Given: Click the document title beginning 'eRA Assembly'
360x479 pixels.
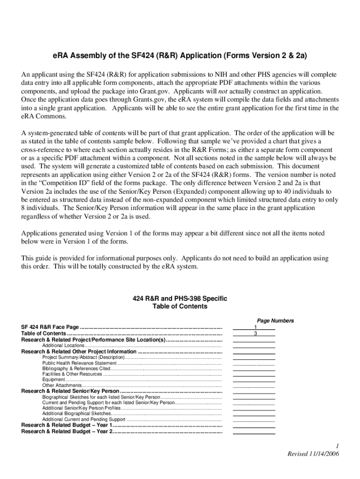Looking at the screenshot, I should tap(180, 56).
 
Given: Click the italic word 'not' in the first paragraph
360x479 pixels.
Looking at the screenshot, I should tap(224, 92).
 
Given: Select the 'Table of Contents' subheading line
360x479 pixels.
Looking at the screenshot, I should tap(180, 306).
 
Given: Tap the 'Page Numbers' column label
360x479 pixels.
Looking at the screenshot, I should tap(275, 320).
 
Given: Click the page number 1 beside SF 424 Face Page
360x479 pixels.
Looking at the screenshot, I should tap(255, 327).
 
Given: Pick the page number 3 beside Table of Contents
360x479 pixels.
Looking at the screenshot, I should tap(255, 334).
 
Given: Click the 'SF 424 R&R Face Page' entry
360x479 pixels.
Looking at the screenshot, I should tap(50, 327).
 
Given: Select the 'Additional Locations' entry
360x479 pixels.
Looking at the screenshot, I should tap(63, 345).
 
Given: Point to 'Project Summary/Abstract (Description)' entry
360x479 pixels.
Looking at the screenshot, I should tap(83, 357).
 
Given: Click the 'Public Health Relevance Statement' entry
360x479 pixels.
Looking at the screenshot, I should tap(79, 363).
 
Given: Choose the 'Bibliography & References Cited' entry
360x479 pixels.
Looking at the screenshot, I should tap(76, 369).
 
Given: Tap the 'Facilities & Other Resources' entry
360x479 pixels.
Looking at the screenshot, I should tap(72, 374).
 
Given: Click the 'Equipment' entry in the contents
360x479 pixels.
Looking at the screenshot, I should tap(53, 380).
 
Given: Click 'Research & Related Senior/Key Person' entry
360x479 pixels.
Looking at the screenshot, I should tap(70, 391).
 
